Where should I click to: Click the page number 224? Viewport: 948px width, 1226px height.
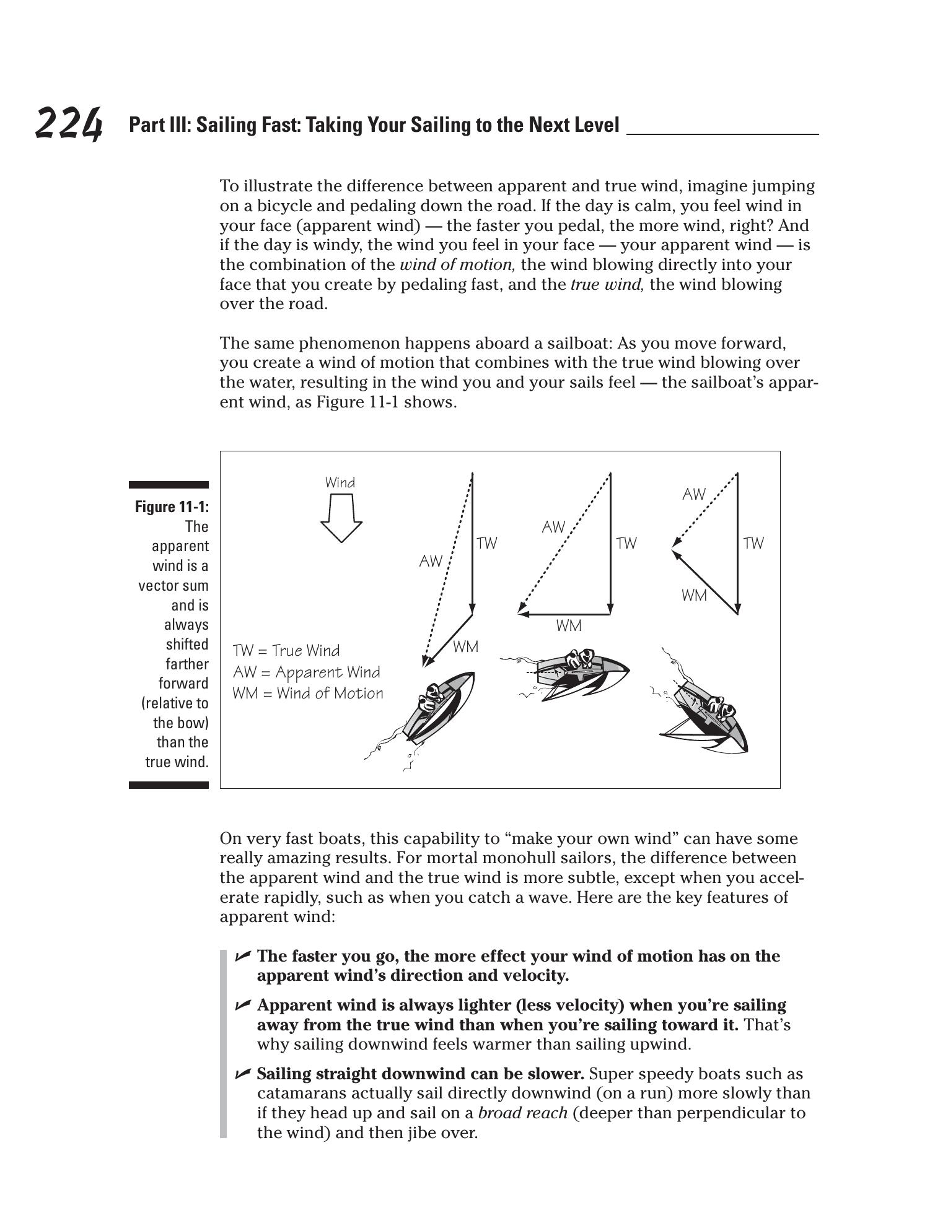click(x=68, y=123)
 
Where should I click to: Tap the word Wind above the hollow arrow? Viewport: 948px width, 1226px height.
click(x=340, y=483)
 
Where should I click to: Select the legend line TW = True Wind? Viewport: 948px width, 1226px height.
click(x=286, y=651)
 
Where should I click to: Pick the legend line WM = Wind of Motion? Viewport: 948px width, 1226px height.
click(x=308, y=693)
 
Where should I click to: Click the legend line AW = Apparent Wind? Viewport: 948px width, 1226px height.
click(x=307, y=672)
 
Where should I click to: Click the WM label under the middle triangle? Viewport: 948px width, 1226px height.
click(x=569, y=626)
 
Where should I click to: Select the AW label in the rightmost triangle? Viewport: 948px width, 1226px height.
click(x=694, y=494)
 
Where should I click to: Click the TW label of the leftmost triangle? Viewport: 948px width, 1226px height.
click(x=487, y=544)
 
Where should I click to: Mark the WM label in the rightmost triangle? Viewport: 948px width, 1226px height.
click(x=694, y=596)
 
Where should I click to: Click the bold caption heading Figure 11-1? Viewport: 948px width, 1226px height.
click(x=172, y=507)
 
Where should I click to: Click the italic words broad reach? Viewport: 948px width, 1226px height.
click(x=523, y=1113)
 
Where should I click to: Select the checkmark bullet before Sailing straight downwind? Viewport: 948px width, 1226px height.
click(x=242, y=1073)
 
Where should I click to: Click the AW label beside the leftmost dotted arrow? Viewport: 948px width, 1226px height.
click(x=431, y=562)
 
